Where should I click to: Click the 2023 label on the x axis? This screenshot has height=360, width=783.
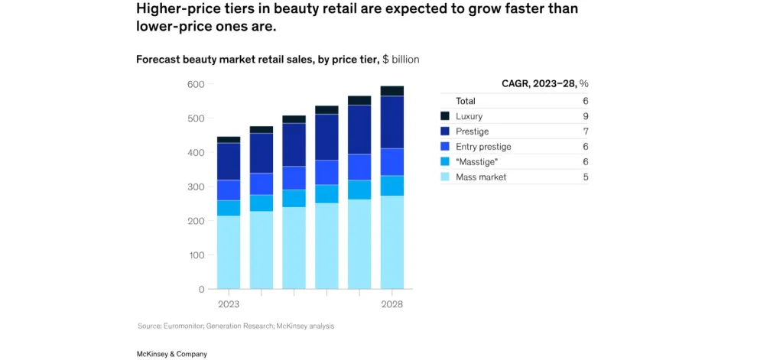pyautogui.click(x=229, y=304)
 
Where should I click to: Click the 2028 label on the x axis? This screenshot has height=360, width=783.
pyautogui.click(x=391, y=304)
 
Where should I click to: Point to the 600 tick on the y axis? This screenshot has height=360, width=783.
pyautogui.click(x=196, y=84)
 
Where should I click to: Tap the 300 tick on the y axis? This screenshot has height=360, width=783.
pyautogui.click(x=196, y=187)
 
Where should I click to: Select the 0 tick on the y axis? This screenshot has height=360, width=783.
pyautogui.click(x=200, y=290)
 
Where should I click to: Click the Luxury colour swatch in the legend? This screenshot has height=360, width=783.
pyautogui.click(x=445, y=116)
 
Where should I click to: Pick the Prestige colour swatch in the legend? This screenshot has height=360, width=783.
pyautogui.click(x=445, y=131)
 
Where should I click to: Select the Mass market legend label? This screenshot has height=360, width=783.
pyautogui.click(x=481, y=177)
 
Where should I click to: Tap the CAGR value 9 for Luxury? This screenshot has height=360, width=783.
pyautogui.click(x=584, y=116)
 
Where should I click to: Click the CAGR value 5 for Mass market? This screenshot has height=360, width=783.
pyautogui.click(x=584, y=177)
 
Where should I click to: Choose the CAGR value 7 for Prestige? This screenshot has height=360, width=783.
pyautogui.click(x=584, y=131)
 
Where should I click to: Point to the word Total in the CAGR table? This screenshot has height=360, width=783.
pyautogui.click(x=466, y=101)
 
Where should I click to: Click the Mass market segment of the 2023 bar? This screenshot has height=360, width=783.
pyautogui.click(x=229, y=252)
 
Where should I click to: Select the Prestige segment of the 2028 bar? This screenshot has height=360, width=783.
pyautogui.click(x=391, y=122)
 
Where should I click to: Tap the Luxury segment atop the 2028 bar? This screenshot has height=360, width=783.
pyautogui.click(x=391, y=91)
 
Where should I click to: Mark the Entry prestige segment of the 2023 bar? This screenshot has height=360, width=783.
pyautogui.click(x=229, y=190)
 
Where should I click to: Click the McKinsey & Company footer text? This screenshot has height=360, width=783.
pyautogui.click(x=171, y=354)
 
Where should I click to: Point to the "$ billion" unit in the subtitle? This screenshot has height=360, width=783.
pyautogui.click(x=401, y=59)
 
